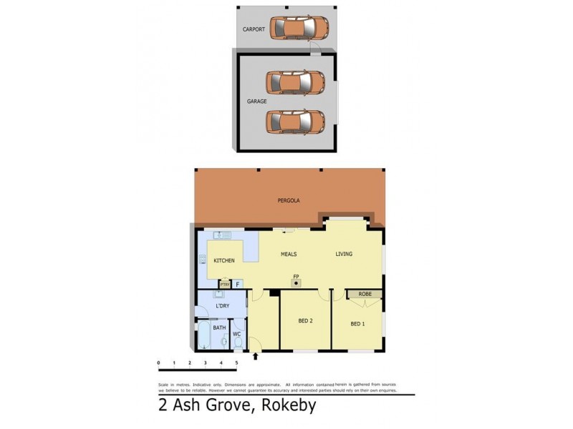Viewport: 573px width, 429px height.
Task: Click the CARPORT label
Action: pos(254,29)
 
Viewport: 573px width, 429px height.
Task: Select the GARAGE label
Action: pos(256,102)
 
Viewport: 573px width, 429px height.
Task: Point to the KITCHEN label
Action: pos(224,260)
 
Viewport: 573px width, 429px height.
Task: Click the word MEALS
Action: pos(288,254)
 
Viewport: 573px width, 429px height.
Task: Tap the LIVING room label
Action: pos(345,254)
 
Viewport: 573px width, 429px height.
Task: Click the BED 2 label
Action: pos(306,320)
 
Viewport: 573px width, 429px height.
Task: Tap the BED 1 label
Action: pos(357,324)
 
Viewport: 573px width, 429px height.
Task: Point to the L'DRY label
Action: pos(222,306)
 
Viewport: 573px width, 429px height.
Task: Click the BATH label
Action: pos(219,327)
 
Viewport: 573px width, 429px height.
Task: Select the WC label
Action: pos(236,333)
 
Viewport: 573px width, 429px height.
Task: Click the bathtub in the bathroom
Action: pos(204,336)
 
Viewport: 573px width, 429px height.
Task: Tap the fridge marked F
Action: pos(238,284)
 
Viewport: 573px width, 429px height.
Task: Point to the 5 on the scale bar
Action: pos(236,363)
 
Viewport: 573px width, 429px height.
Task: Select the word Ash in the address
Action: pos(184,407)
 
